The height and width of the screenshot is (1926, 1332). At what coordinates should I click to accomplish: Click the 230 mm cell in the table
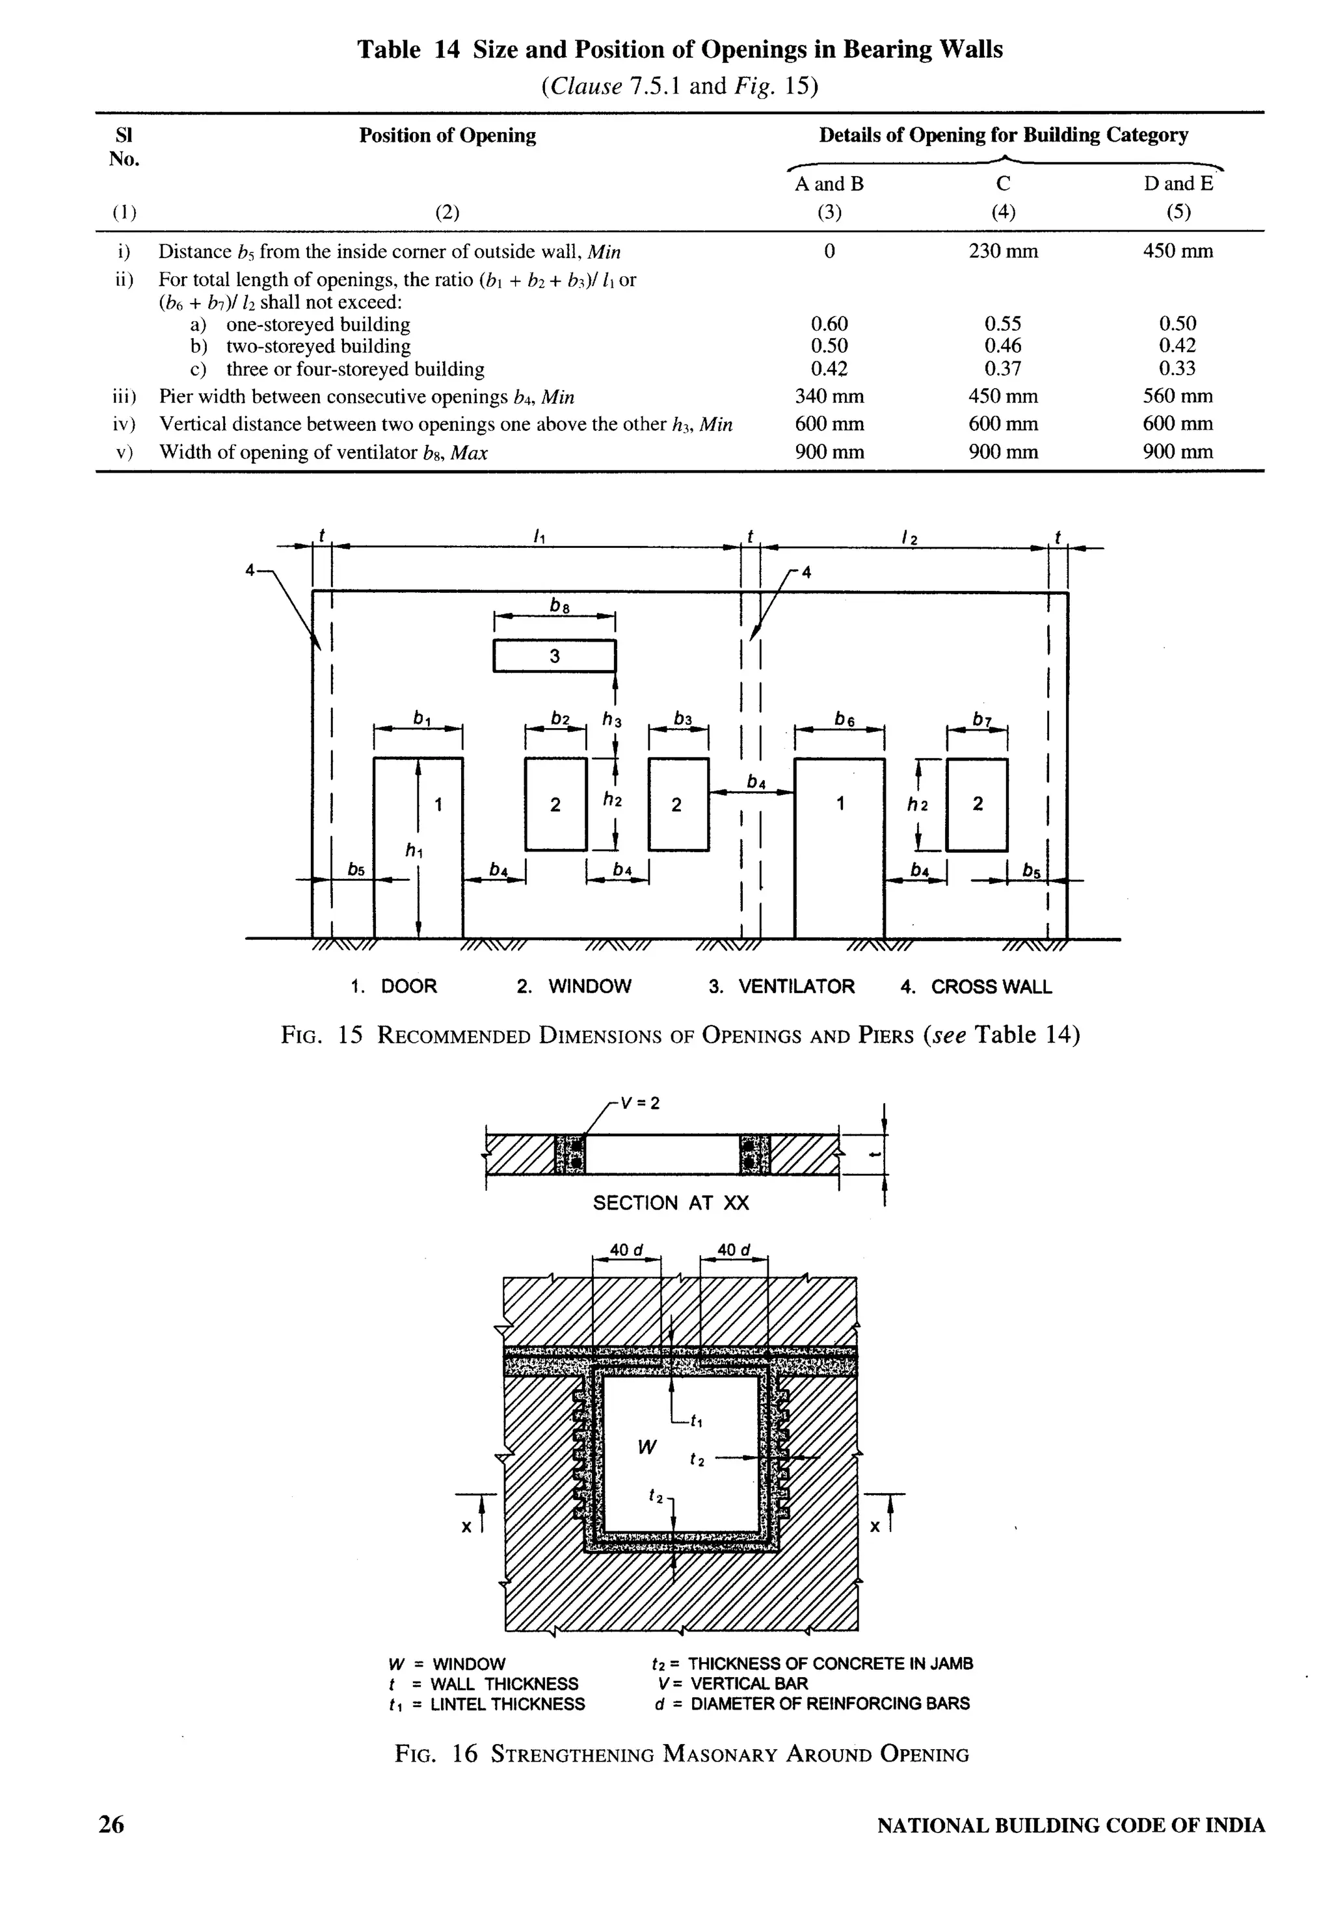click(1003, 251)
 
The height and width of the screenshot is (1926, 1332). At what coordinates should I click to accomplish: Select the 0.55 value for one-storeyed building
click(1003, 324)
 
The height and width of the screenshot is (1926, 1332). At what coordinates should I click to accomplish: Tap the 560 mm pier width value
click(1178, 397)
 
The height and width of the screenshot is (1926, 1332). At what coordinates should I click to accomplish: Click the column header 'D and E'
click(1178, 183)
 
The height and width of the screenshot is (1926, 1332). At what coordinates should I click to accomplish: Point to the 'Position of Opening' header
click(447, 136)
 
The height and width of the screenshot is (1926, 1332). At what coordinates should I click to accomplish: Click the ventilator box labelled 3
click(554, 656)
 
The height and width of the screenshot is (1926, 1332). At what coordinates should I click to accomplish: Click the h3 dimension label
click(613, 720)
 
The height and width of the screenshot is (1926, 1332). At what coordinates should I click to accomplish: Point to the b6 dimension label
click(845, 718)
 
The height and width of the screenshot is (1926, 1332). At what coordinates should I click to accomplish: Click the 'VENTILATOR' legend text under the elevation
click(796, 987)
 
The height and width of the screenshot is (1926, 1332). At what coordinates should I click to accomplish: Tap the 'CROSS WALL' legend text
click(991, 987)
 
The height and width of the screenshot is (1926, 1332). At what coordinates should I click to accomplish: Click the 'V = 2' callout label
click(642, 1102)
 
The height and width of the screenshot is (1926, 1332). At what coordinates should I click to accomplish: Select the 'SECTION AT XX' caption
click(671, 1203)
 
